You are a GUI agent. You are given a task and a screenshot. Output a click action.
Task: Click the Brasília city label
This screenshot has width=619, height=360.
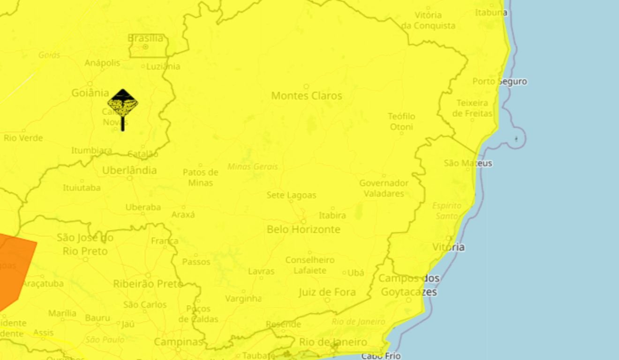[145, 38]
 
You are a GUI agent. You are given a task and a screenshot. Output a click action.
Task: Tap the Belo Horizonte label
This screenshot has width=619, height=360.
[303, 229]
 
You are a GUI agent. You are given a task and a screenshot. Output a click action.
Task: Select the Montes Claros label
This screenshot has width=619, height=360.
[307, 96]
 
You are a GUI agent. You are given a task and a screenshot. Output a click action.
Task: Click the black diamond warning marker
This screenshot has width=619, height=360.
[123, 104]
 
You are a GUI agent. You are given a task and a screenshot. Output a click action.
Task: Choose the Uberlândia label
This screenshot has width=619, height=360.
[129, 170]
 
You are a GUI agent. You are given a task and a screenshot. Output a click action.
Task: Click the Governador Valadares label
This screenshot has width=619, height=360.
[384, 188]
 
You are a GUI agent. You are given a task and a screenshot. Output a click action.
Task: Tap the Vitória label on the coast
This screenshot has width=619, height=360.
[448, 247]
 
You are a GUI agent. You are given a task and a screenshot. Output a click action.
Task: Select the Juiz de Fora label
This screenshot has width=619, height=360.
[327, 292]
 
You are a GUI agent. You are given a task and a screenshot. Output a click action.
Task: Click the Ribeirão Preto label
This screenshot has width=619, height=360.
[148, 284]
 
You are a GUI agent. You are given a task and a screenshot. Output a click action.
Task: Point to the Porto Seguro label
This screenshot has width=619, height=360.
[499, 82]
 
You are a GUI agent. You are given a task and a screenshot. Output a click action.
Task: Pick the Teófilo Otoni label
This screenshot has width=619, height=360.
[401, 121]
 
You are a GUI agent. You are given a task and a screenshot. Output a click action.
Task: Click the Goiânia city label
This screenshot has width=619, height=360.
[90, 93]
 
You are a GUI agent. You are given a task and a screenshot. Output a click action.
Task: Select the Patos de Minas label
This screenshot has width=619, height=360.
[201, 177]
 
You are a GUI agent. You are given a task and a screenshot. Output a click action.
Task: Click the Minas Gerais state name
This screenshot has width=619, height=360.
[253, 166]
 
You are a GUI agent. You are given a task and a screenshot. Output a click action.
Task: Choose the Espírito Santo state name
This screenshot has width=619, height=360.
[446, 211]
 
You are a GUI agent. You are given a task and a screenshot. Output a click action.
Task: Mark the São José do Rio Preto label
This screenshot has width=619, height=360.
[85, 244]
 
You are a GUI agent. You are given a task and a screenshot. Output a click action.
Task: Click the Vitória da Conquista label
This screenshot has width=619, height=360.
[428, 20]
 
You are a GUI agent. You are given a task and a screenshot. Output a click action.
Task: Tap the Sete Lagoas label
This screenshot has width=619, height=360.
[291, 195]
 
